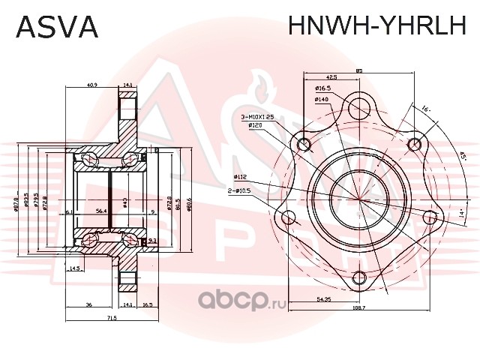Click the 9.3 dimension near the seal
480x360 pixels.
pos(152,240)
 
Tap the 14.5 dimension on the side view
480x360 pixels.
pos(74,268)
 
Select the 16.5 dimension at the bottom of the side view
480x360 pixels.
pos(147,305)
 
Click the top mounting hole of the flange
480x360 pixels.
pos(361,102)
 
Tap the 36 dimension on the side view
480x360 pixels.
pos(88,305)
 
